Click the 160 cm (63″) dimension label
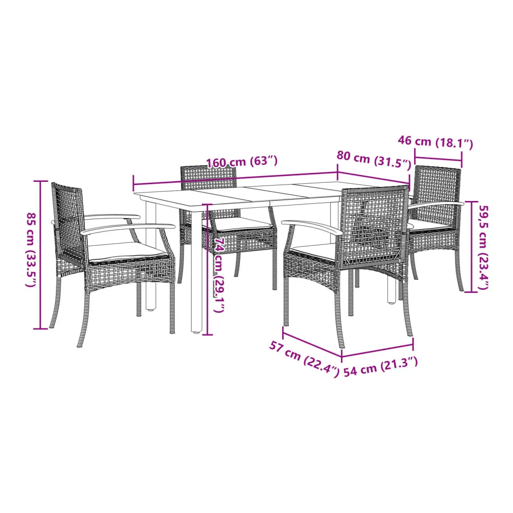tap(242, 162)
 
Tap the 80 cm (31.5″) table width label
tap(374, 160)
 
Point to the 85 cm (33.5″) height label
tap(31, 250)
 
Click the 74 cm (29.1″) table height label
tap(219, 275)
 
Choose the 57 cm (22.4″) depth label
tap(304, 359)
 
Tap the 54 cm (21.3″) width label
tap(381, 367)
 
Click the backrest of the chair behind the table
tap(208, 178)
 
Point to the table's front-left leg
tap(197, 272)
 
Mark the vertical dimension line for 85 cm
tap(41, 255)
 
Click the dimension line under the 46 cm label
tap(438, 159)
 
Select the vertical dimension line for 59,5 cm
tap(471, 247)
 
